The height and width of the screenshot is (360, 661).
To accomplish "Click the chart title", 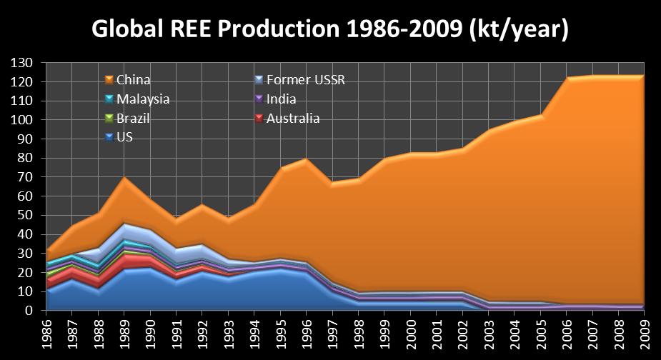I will click(330, 29).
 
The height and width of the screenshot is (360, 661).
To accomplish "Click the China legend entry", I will click(133, 79).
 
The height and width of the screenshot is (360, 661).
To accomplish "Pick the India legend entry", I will click(281, 99).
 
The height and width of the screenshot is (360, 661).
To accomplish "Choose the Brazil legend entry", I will click(133, 119).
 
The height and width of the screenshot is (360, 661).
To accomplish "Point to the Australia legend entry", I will click(292, 119).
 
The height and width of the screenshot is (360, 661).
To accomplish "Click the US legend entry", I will click(124, 137).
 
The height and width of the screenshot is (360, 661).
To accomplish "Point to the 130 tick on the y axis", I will click(23, 64).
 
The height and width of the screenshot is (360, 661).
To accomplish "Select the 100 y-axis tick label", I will click(23, 120).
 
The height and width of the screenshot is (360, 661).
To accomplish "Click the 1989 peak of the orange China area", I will click(125, 177).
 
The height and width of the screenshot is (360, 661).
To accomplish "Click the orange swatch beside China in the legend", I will click(109, 79).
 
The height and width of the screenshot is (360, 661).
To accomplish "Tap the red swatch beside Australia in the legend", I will click(260, 119).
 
